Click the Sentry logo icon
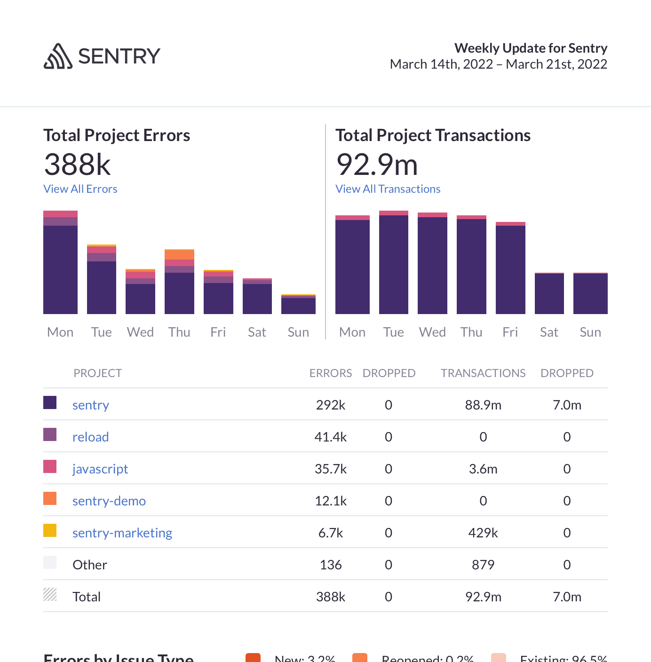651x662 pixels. tap(58, 56)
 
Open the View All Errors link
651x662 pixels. tap(80, 189)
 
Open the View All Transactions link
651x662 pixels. tap(388, 189)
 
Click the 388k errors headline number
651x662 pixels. tap(77, 165)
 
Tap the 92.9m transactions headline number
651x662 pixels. tap(377, 165)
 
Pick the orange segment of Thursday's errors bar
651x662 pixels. tap(179, 255)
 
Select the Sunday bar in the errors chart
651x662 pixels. tap(298, 305)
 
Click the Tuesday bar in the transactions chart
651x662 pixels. tap(393, 263)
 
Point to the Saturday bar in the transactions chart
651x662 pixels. tap(549, 294)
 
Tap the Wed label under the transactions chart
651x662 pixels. tap(432, 332)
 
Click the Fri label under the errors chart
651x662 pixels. tap(218, 332)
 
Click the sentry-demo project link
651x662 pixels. tap(109, 501)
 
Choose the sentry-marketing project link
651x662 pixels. tap(122, 533)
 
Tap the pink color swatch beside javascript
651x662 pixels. tap(50, 466)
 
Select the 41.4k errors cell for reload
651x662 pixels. tap(331, 437)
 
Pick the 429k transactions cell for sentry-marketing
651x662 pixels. tap(483, 533)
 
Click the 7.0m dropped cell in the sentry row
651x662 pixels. tap(567, 405)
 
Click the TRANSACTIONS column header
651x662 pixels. tap(483, 373)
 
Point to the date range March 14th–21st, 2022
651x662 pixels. tap(498, 64)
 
